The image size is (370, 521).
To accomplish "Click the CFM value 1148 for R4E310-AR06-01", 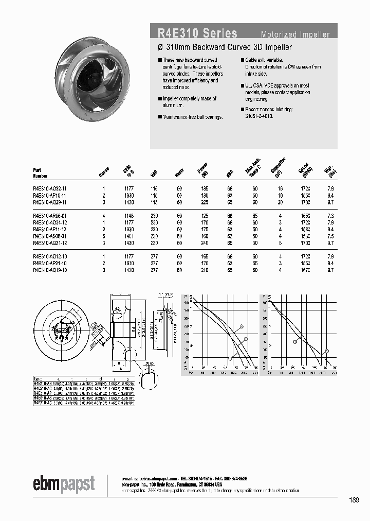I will (x=128, y=216).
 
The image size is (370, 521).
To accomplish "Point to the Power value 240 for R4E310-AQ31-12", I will (x=200, y=243).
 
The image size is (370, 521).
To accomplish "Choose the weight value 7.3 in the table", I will (x=330, y=216).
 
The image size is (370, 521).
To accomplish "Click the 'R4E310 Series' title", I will (x=197, y=33).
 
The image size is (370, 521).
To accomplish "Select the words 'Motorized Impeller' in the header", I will (x=295, y=34).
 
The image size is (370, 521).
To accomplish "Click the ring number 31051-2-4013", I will (x=258, y=116).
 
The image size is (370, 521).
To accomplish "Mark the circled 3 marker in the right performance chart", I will (x=326, y=352).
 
